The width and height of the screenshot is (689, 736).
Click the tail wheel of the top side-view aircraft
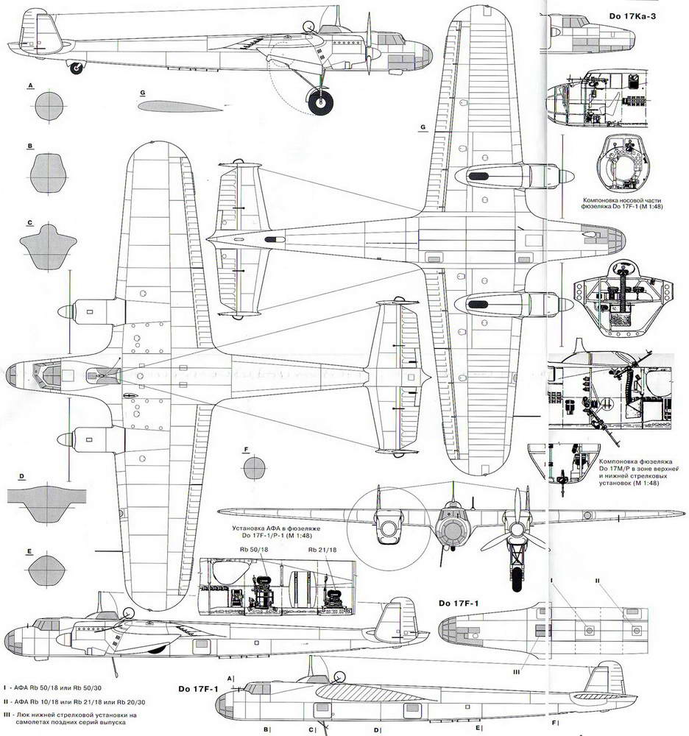pos(75,68)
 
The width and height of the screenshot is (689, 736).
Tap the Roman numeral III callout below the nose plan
pos(517,672)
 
